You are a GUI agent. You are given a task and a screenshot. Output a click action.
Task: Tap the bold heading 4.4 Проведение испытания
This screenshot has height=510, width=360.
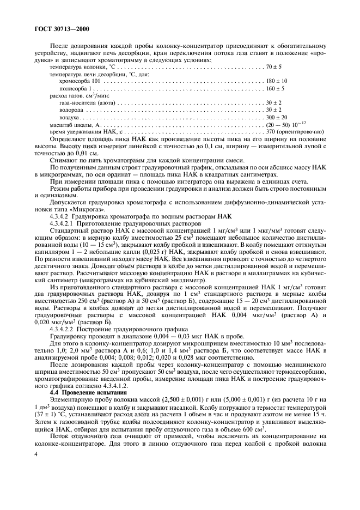pos(81,392)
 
